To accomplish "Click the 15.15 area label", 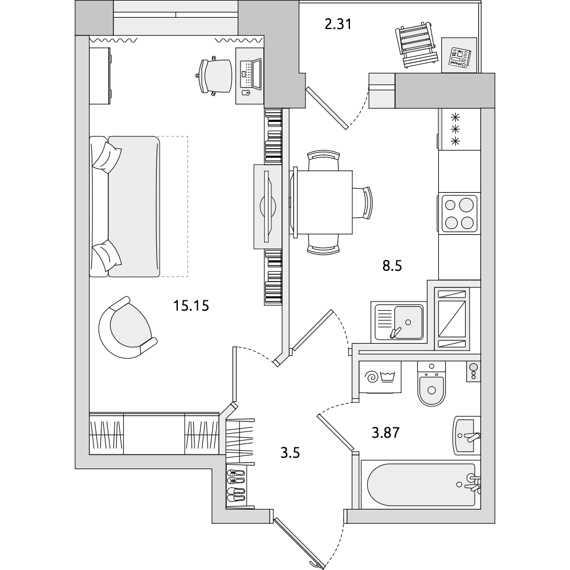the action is pyautogui.click(x=191, y=306).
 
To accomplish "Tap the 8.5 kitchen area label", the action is pyautogui.click(x=392, y=266).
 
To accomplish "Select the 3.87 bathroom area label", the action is pyautogui.click(x=386, y=433).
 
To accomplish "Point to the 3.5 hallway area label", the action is pyautogui.click(x=290, y=453).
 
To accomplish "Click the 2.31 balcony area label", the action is pyautogui.click(x=338, y=25).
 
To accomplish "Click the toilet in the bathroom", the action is pyautogui.click(x=431, y=384).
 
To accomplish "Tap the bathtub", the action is pyautogui.click(x=422, y=484).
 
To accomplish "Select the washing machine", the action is pyautogui.click(x=380, y=377).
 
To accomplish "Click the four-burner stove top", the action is pyautogui.click(x=459, y=213).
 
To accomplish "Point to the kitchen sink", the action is pyautogui.click(x=399, y=321).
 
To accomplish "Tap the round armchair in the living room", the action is pyautogui.click(x=127, y=328).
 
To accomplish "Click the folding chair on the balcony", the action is pyautogui.click(x=417, y=44).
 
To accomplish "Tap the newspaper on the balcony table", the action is pyautogui.click(x=459, y=56).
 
